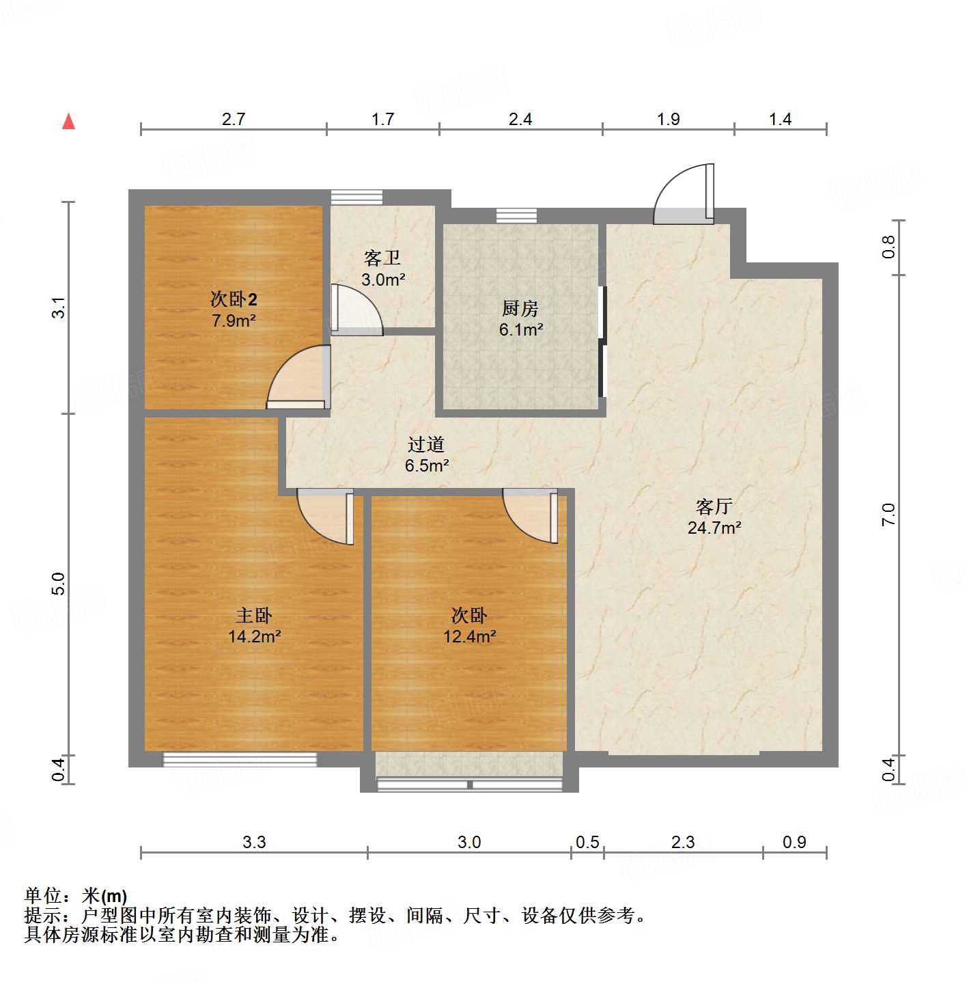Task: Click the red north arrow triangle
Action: [x=68, y=122]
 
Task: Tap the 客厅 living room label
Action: [x=714, y=506]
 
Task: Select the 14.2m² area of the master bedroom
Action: [x=254, y=637]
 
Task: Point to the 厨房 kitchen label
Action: [x=520, y=309]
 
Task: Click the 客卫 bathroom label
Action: [x=382, y=258]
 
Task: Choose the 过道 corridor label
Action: [x=426, y=445]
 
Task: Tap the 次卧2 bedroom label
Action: [x=234, y=299]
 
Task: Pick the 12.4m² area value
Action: [x=469, y=637]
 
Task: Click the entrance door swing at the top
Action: [x=684, y=195]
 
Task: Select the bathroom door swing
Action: [x=356, y=310]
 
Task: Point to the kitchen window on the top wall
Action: [x=516, y=215]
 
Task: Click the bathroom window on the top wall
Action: [x=356, y=197]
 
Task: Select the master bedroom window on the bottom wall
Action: [x=240, y=759]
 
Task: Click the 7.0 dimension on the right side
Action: [x=888, y=514]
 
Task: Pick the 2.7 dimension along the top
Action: [x=234, y=119]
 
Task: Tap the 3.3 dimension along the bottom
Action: [x=254, y=842]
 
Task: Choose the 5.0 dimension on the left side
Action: [x=58, y=584]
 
